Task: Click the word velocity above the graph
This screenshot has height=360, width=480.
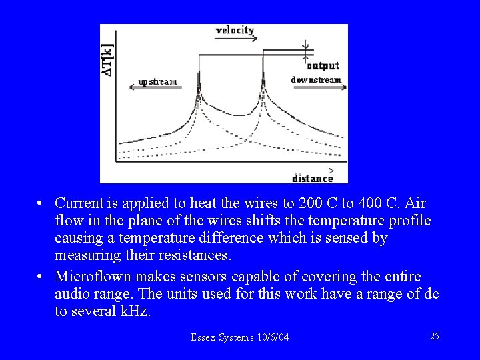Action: coord(235,30)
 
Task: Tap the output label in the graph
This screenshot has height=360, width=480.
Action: coord(323,65)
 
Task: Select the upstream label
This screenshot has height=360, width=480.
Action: coord(157,82)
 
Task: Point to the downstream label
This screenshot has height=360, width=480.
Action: coord(316,80)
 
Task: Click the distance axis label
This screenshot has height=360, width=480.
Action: coord(313,178)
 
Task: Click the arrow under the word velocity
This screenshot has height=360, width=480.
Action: coord(237,39)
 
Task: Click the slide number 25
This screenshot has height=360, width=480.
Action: coord(434,336)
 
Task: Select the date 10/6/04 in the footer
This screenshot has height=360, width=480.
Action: coord(273,338)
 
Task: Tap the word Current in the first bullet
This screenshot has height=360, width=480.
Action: coord(78,202)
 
